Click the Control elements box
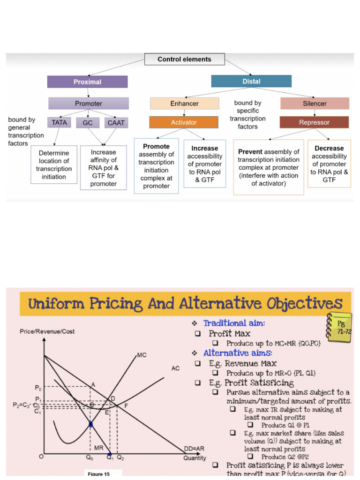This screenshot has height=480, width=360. tap(184, 60)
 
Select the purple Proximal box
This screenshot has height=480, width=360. tap(87, 82)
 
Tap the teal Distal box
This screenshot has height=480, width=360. tap(251, 81)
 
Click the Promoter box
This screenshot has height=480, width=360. tap(89, 103)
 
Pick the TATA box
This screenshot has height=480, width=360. tap(60, 122)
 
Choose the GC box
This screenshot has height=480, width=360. tap(88, 123)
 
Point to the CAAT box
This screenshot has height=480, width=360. tap(116, 123)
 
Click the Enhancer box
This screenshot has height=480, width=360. tap(184, 103)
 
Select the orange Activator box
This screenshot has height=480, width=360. tap(184, 122)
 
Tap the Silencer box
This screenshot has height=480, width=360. tap(315, 103)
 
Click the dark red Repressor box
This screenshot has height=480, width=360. tap(314, 122)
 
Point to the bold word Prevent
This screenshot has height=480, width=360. tap(250, 152)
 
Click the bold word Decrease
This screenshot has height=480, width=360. tap(329, 148)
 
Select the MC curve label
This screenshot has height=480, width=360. tap(142, 355)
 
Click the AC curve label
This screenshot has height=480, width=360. tap(175, 368)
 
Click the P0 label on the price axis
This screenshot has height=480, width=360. tap(38, 388)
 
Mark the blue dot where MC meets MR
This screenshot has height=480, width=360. tap(90, 424)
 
